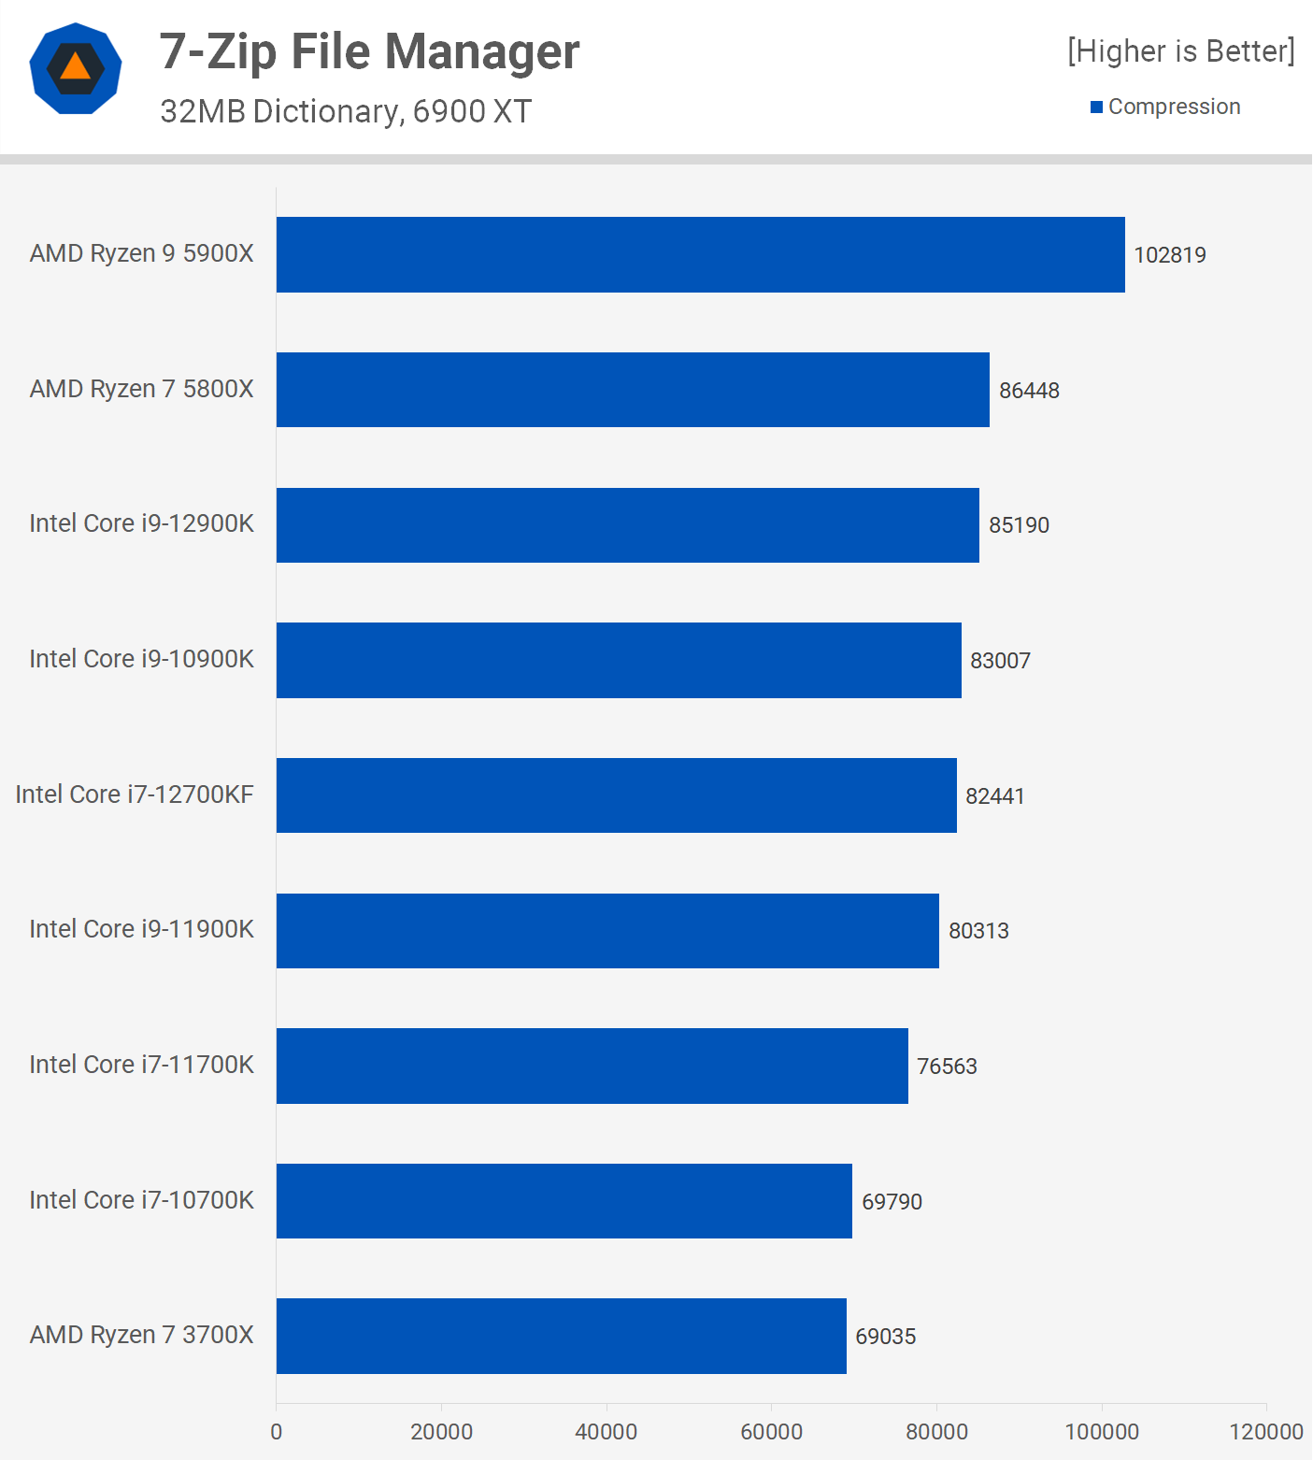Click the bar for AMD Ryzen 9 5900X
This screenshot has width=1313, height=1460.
[x=700, y=254]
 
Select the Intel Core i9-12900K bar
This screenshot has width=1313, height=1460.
[x=627, y=525]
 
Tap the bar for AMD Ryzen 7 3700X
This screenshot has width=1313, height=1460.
[x=561, y=1336]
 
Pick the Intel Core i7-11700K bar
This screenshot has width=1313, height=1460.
[x=592, y=1066]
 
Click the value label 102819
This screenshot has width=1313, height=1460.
[x=1169, y=255]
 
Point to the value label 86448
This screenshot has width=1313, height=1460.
[x=1029, y=391]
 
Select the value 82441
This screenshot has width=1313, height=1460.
[x=994, y=796]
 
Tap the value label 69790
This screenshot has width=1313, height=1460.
[x=892, y=1202]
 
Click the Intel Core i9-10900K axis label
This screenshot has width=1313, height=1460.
[x=141, y=659]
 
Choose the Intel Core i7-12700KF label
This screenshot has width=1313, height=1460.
[x=135, y=794]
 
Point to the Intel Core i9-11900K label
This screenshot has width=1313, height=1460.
[x=141, y=929]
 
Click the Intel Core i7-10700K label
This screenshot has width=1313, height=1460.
[x=141, y=1200]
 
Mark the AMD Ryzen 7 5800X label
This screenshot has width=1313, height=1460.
[x=141, y=389]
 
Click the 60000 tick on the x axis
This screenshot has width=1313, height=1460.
[x=771, y=1432]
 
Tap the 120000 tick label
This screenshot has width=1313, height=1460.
[x=1265, y=1432]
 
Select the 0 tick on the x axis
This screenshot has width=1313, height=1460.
[x=276, y=1432]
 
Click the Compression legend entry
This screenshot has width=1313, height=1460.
[x=1173, y=107]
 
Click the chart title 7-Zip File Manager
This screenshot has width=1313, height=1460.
[x=369, y=51]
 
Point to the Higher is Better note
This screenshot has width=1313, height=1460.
[x=1180, y=51]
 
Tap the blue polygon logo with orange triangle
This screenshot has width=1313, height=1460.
[x=76, y=68]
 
